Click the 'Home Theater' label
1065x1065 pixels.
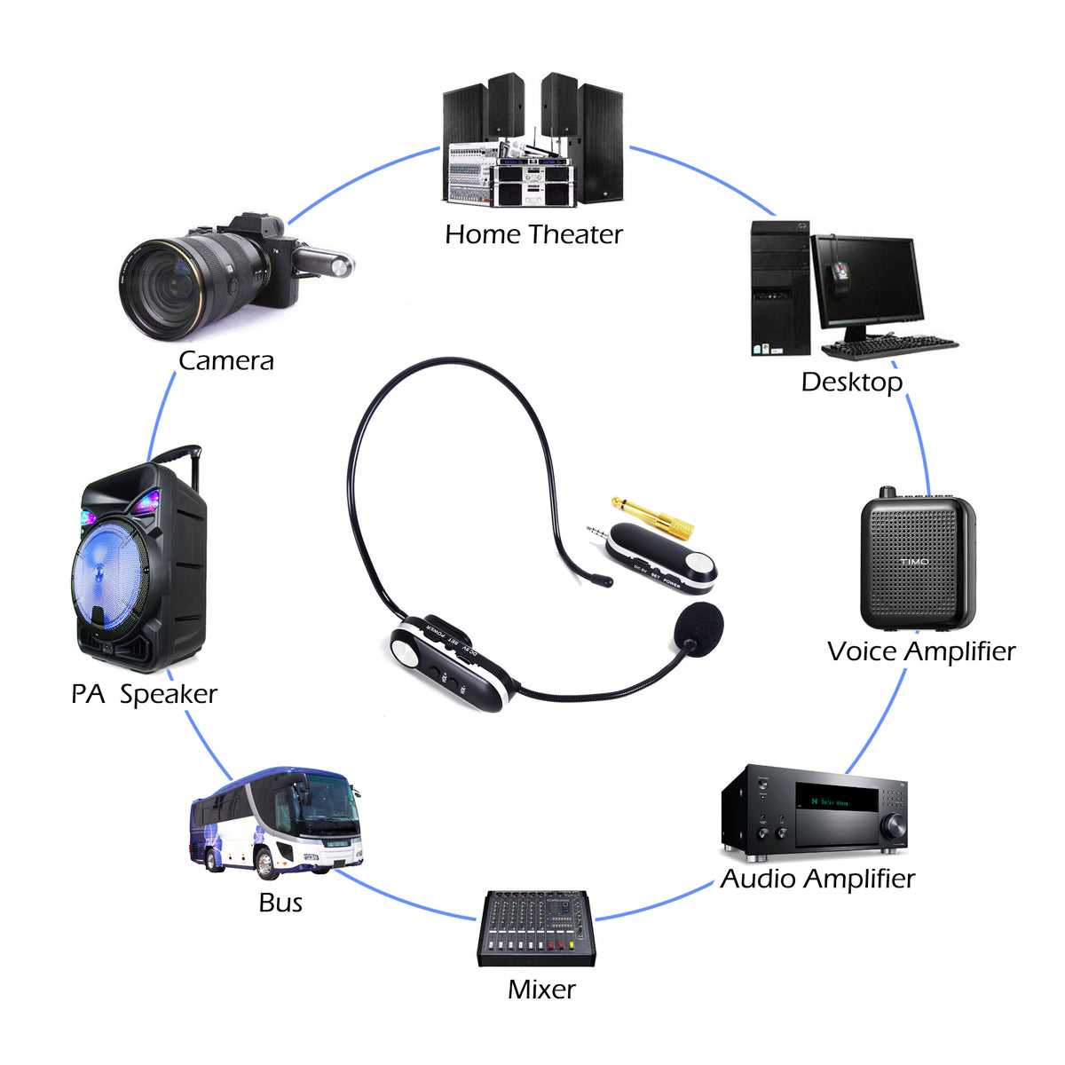click(x=533, y=234)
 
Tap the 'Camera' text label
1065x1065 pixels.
click(x=225, y=360)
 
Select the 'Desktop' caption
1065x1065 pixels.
click(x=851, y=382)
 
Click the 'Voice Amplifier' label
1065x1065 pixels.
click(x=920, y=651)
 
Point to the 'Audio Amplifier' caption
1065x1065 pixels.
click(x=816, y=879)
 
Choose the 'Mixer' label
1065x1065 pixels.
click(x=541, y=989)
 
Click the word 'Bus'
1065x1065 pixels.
click(x=280, y=903)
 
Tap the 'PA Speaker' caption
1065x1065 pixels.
click(x=144, y=694)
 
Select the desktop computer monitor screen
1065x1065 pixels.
click(x=867, y=281)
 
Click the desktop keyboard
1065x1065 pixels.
click(x=890, y=347)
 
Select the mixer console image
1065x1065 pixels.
click(x=536, y=928)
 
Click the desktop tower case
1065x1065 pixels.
click(x=779, y=288)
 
